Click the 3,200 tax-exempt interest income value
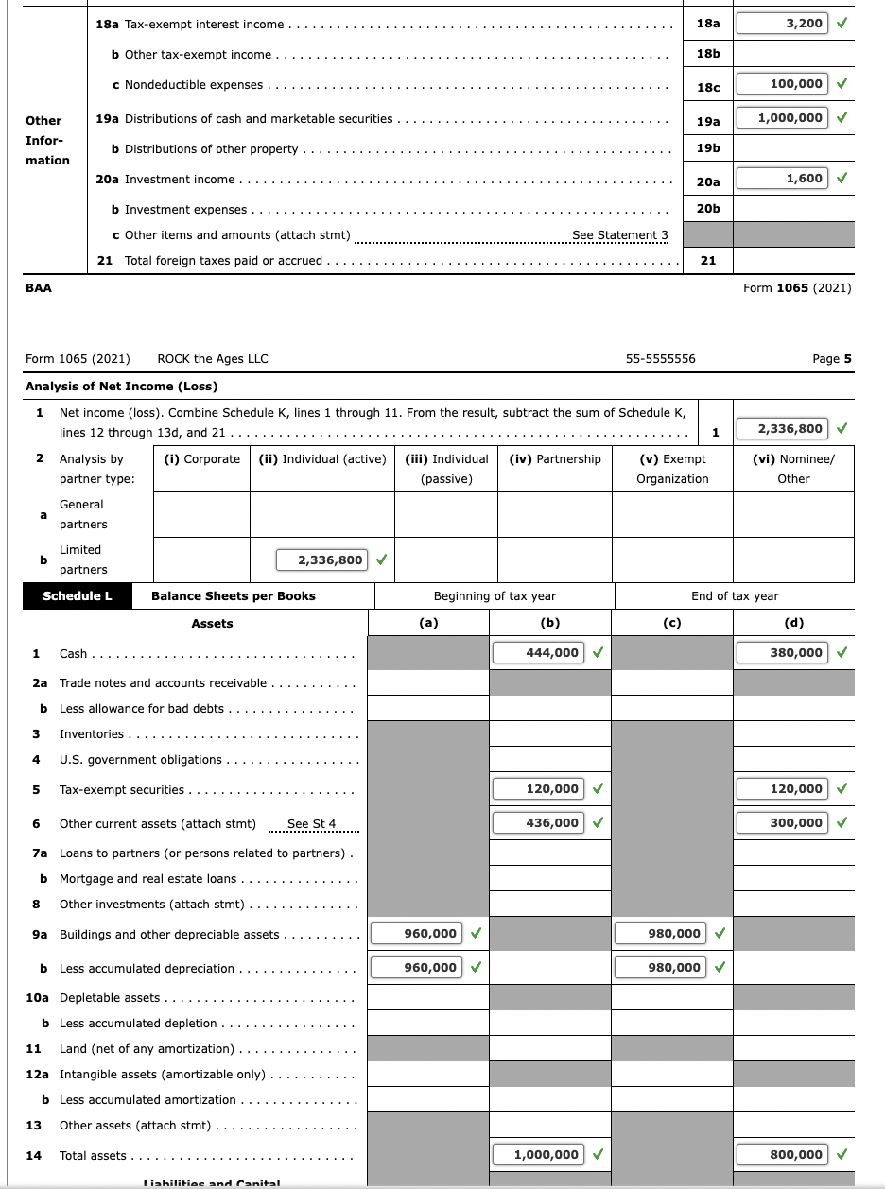pos(781,23)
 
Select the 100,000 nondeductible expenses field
pos(781,84)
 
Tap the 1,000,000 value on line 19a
pos(781,117)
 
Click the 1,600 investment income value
pos(781,178)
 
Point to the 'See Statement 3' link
pos(619,235)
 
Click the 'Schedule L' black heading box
pos(78,595)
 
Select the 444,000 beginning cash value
pos(537,652)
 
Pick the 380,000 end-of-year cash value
pos(781,652)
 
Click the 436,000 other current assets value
pos(537,822)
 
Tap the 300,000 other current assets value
pos(781,822)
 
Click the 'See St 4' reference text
pos(311,824)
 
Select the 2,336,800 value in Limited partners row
pos(322,560)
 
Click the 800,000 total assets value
pos(781,1154)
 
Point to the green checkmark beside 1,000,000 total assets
pos(599,1154)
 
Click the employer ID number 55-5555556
pos(660,359)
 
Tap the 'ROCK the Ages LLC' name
pos(213,359)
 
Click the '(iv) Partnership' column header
pos(555,459)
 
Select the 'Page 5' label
pos(831,359)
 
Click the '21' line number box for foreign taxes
pos(707,261)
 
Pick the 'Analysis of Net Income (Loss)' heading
pos(121,386)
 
